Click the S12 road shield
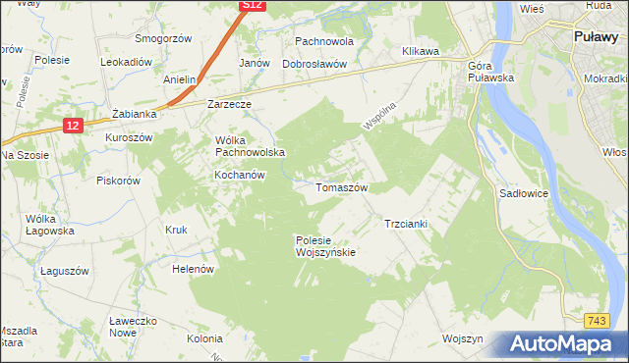(x=253, y=6)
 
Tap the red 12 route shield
(x=72, y=125)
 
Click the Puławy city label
(x=596, y=38)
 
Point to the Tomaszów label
(x=341, y=186)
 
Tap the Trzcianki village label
(x=405, y=224)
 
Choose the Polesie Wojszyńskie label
(x=325, y=245)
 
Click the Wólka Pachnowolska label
(x=250, y=145)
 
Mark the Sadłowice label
(x=524, y=194)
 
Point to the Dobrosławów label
(x=315, y=64)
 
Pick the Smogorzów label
(x=163, y=38)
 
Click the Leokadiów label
(x=126, y=61)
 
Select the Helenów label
(x=193, y=268)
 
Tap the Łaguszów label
(x=66, y=270)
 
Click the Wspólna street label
(x=377, y=116)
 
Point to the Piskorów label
(x=119, y=180)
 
